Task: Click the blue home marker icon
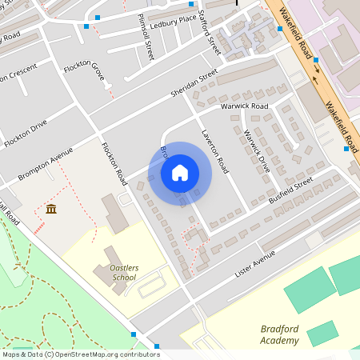tap(180, 173)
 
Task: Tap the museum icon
tap(51, 210)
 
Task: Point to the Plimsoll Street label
tap(146, 37)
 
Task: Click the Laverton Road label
tap(214, 150)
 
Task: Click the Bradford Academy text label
tap(280, 334)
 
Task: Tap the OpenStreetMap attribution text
tap(80, 354)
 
